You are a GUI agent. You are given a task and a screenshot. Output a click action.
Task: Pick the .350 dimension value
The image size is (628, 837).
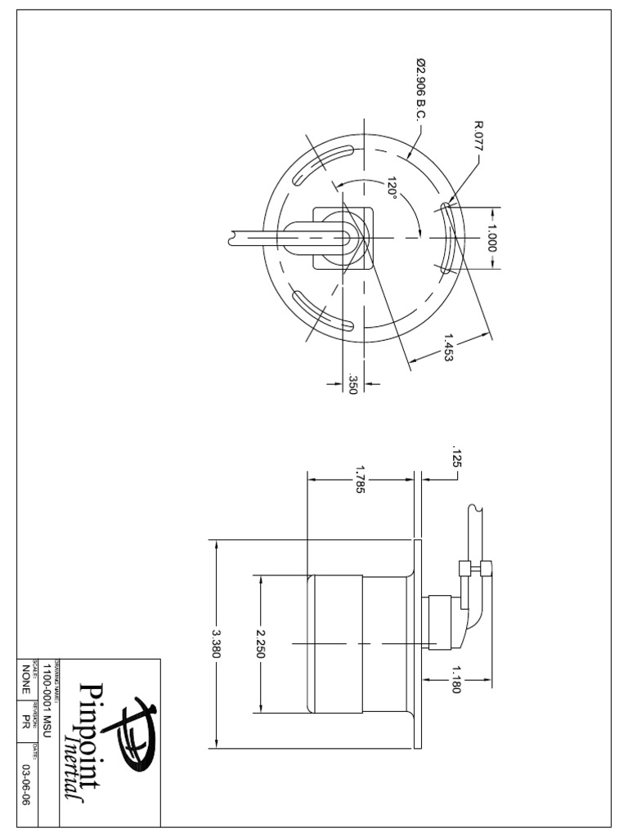click(352, 385)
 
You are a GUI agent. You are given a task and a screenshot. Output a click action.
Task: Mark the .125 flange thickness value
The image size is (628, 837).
click(455, 457)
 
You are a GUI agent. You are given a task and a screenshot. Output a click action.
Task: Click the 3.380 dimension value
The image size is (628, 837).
click(217, 642)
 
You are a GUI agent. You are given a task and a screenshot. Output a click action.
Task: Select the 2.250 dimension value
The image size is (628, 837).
click(260, 643)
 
